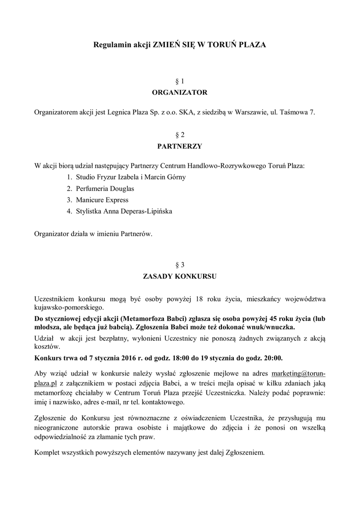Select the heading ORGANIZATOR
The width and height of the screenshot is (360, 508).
[180, 92]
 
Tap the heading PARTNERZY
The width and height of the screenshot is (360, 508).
[180, 146]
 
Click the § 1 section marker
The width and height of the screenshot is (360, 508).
[180, 81]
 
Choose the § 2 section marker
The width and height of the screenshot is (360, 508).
[180, 134]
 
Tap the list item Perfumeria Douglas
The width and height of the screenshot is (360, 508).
[105, 189]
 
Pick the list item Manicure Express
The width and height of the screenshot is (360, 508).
[102, 200]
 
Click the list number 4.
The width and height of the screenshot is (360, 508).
[69, 211]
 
